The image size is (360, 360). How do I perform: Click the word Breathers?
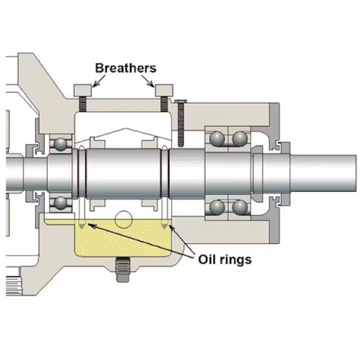tap(126, 68)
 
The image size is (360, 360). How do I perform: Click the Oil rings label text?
tap(224, 259)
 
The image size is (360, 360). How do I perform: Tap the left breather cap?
tap(83, 90)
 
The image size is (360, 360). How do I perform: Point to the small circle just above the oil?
tap(124, 220)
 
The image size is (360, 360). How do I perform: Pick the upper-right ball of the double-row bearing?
tap(240, 138)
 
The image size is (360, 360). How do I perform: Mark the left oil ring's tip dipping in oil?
tap(83, 226)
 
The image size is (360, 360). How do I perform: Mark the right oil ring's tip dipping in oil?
tap(165, 226)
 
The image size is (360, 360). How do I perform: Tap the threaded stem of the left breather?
tap(83, 104)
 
